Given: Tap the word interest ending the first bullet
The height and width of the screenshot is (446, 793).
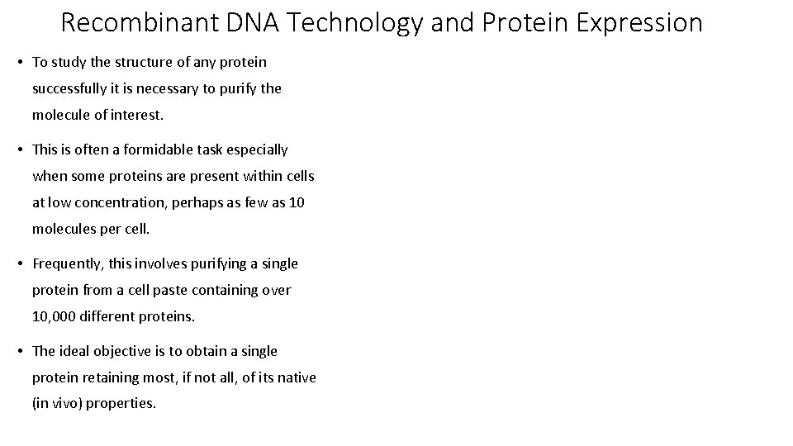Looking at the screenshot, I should click(136, 115).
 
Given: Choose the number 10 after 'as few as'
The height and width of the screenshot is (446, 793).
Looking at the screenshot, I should click(297, 202).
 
